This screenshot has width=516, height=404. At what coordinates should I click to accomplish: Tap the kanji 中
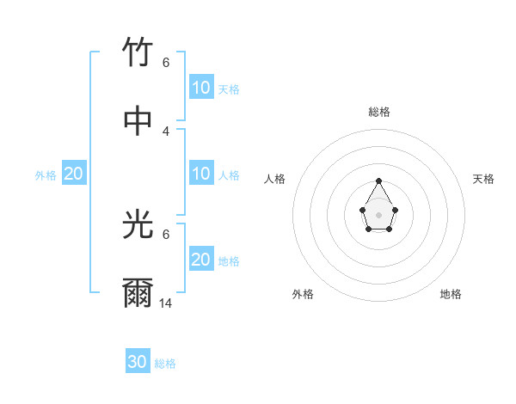point(138,121)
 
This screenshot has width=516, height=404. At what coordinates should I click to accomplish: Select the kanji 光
point(138,225)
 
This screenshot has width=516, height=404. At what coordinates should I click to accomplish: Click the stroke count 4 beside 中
point(166,132)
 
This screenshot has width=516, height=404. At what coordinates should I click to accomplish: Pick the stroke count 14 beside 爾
point(166,303)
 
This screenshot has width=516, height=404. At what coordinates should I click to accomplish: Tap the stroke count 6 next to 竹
point(166,63)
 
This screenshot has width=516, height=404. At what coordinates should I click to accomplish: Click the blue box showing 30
point(138,362)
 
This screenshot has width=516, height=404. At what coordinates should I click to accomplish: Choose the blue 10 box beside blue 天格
point(201,88)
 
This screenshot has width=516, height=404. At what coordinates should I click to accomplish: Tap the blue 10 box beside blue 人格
point(201,174)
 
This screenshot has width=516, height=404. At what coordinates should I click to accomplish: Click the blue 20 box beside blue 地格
point(201,260)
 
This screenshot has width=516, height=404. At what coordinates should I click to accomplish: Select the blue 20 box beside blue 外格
point(74,174)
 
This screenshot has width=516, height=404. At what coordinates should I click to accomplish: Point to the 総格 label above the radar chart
point(379,112)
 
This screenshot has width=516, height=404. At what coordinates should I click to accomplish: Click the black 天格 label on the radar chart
point(483,179)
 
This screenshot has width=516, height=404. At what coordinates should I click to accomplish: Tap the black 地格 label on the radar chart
point(451,294)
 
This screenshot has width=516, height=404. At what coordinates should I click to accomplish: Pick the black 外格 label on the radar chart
point(303,294)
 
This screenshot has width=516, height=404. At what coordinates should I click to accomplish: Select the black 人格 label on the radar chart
point(275,179)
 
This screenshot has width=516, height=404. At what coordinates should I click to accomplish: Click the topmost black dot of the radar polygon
point(378,181)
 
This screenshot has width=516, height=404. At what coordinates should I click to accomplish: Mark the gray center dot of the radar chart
point(378,214)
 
